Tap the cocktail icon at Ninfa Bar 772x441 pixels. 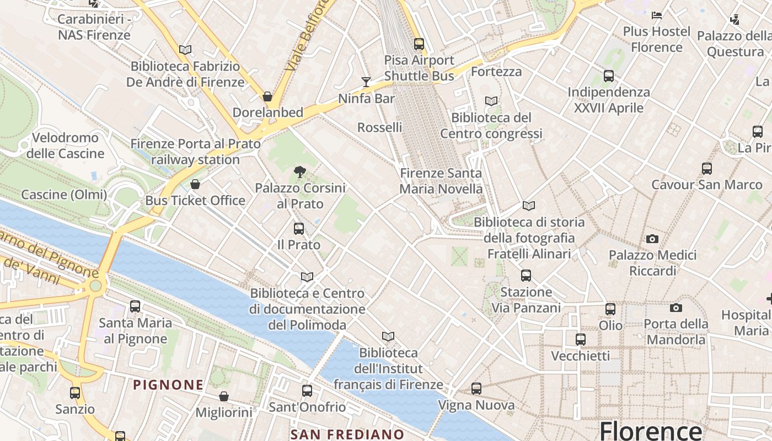366,82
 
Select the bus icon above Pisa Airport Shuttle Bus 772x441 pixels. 419,44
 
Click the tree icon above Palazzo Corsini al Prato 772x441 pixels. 300,171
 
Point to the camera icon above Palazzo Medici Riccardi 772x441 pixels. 652,239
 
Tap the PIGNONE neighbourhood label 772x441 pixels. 168,385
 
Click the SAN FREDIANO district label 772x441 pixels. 347,434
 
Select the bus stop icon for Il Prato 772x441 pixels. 299,228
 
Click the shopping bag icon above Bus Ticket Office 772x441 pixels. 195,184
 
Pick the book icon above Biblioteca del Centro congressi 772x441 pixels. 491,101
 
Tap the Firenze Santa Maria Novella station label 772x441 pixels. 441,181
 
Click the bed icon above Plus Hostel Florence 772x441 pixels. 656,15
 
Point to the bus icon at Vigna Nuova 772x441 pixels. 476,389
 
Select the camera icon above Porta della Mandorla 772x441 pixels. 676,308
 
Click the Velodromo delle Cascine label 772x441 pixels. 65,146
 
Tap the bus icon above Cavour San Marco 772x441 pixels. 707,168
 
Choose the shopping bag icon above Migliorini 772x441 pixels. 224,396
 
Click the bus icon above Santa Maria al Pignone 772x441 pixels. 135,306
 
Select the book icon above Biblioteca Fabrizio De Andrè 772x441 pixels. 185,50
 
